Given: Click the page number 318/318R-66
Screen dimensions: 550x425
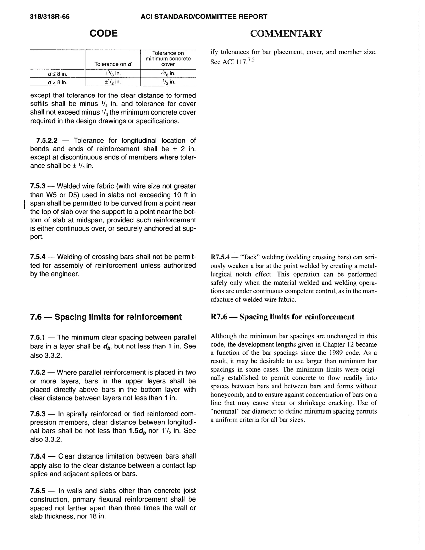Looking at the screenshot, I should (50, 17).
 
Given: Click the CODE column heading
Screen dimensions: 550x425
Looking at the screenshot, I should (104, 33).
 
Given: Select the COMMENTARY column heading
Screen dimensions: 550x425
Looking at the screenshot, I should (286, 33).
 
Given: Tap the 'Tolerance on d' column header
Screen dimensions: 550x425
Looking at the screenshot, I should (113, 64).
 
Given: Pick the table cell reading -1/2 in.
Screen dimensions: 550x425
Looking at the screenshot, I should (168, 82).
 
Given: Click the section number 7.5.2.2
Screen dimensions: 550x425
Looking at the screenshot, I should (47, 141).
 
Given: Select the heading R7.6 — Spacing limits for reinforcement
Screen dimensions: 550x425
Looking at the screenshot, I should (282, 317).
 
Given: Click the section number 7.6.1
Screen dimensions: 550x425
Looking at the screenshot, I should (38, 337).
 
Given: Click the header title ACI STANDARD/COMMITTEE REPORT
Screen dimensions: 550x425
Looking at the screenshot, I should (204, 17).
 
